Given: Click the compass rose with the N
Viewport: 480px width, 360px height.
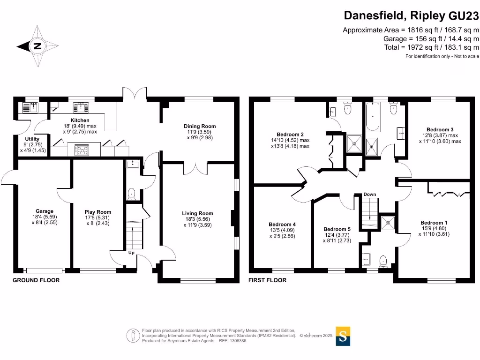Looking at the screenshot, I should click(x=37, y=46).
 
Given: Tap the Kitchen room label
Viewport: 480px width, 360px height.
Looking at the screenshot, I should click(x=80, y=120).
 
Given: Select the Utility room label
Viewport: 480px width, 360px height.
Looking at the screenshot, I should click(x=32, y=139).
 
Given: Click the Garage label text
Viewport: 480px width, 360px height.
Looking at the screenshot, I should click(x=45, y=211).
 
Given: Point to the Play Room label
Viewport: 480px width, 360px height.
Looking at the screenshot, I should click(x=97, y=212).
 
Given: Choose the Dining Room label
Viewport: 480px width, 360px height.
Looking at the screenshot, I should click(x=200, y=126).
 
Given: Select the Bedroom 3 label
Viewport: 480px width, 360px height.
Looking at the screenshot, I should click(x=440, y=129).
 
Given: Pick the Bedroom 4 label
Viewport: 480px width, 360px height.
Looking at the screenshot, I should click(x=282, y=224).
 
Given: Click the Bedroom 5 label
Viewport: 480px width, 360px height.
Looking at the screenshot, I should click(x=337, y=229).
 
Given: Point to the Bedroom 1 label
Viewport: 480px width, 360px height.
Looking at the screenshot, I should click(x=434, y=223).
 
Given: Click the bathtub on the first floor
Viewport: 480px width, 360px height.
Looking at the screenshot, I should click(x=374, y=118).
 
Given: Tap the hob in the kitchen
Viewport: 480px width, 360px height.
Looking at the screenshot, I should click(x=82, y=150).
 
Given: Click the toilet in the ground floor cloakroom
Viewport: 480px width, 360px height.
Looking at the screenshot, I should click(x=132, y=193).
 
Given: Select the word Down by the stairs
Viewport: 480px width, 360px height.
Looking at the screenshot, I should click(x=370, y=194).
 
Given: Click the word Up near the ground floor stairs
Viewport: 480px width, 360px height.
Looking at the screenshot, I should click(x=132, y=253).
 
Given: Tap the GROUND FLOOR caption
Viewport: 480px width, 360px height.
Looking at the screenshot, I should click(x=36, y=280).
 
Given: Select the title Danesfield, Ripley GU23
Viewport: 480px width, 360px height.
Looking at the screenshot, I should click(x=412, y=15).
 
